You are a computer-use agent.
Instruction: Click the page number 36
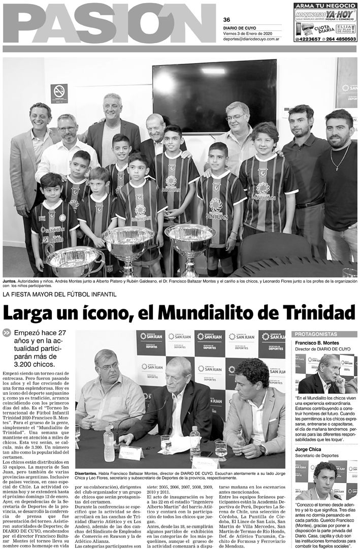226,20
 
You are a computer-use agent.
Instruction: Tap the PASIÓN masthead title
109,23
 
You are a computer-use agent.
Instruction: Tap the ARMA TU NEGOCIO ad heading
325,6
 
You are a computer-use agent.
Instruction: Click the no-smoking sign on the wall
59,92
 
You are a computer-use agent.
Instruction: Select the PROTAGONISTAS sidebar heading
316,334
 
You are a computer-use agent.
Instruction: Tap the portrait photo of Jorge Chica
325,480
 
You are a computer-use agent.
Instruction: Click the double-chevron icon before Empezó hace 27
7,333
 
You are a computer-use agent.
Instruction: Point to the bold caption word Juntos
10,280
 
